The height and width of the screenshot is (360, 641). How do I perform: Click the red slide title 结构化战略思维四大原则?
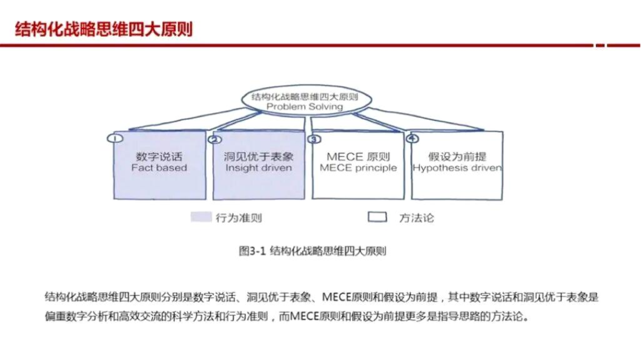104,29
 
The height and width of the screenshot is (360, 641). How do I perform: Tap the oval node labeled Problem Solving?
304,101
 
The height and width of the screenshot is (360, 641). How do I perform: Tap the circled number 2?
215,139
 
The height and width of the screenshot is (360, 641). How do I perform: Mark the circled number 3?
314,139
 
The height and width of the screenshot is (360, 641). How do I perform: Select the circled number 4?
412,139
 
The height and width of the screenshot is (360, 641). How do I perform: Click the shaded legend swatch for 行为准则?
201,217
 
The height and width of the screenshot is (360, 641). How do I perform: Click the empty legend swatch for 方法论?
377,217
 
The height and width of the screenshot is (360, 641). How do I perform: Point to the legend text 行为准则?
239,218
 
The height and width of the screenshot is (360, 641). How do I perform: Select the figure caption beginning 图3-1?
312,251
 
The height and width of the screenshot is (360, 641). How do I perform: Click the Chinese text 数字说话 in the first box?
158,157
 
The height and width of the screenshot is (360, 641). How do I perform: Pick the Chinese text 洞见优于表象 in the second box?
259,157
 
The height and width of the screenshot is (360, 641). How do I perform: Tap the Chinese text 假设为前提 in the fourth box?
457,157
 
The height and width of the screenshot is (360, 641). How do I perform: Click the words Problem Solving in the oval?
304,107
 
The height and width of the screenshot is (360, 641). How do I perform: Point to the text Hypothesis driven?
457,168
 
